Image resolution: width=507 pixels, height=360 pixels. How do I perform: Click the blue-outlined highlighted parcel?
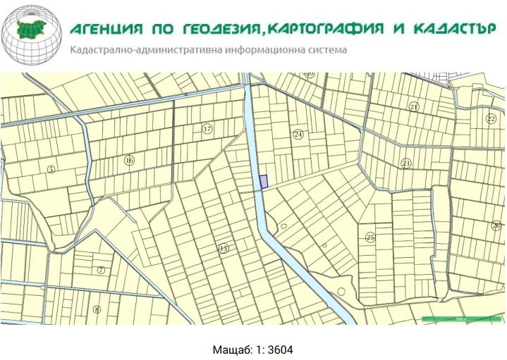(263, 182)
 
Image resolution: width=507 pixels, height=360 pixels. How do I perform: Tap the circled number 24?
(298, 134)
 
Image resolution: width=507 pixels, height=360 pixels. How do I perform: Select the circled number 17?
(207, 129)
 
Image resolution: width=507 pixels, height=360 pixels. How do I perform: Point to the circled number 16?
(129, 161)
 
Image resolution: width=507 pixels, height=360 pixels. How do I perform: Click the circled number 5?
(51, 169)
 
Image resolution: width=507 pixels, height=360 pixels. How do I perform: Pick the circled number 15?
(224, 248)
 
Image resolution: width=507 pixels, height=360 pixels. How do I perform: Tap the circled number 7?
(101, 270)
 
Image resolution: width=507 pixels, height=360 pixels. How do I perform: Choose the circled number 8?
(97, 309)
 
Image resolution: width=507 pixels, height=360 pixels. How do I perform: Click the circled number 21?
(414, 106)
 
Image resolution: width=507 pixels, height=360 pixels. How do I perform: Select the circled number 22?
(491, 119)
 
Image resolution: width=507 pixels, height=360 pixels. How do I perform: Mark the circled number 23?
(406, 163)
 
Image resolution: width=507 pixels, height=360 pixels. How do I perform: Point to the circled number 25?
(370, 237)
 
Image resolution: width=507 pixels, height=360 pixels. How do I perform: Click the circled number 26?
(496, 225)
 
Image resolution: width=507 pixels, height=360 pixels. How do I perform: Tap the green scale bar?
(460, 319)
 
